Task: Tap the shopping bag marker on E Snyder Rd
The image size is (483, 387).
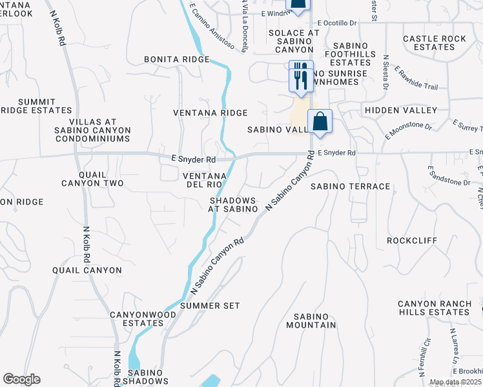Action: point(320,121)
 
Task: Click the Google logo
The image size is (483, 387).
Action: point(21,379)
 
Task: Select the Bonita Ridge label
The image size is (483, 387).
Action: point(177,59)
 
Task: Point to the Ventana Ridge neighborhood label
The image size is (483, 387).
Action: point(211,113)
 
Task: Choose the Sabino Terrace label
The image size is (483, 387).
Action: point(351,186)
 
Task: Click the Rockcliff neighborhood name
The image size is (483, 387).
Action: point(412,241)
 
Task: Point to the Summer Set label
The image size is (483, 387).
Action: point(211,305)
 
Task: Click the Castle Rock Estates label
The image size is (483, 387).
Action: point(434,43)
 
